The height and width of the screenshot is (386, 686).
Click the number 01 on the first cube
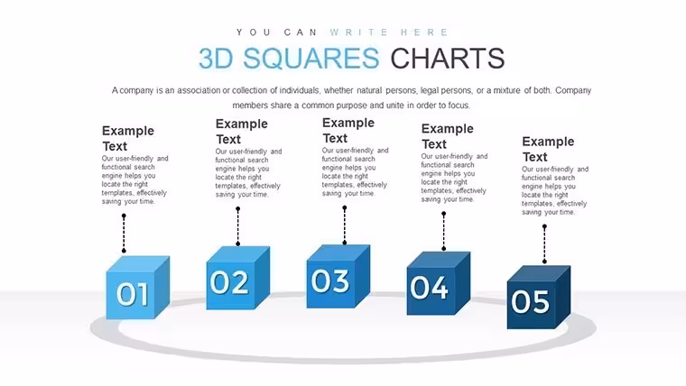click(x=133, y=294)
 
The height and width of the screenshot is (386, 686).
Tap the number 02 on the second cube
click(x=229, y=282)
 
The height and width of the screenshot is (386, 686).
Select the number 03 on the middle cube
click(x=330, y=280)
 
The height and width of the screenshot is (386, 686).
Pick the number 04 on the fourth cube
click(x=429, y=288)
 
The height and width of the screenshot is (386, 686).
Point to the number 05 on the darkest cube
click(x=530, y=301)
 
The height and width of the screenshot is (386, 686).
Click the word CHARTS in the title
click(x=448, y=59)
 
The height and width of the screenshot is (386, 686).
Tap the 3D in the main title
click(x=216, y=59)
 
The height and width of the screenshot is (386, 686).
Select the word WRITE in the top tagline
click(x=358, y=32)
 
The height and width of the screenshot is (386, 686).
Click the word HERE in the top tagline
click(x=424, y=32)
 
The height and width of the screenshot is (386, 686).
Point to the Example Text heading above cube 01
click(x=128, y=138)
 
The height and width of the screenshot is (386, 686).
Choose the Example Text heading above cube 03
click(x=348, y=130)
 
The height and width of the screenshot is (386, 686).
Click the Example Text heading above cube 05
click(x=548, y=149)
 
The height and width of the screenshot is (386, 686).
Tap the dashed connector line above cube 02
click(x=238, y=226)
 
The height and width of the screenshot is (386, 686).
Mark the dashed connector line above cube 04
click(x=443, y=231)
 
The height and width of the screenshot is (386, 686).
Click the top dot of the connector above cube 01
click(x=124, y=216)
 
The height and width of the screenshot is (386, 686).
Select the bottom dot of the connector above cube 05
click(x=544, y=262)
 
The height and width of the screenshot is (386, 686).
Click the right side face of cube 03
click(x=362, y=275)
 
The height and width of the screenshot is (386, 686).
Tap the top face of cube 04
click(x=439, y=259)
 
